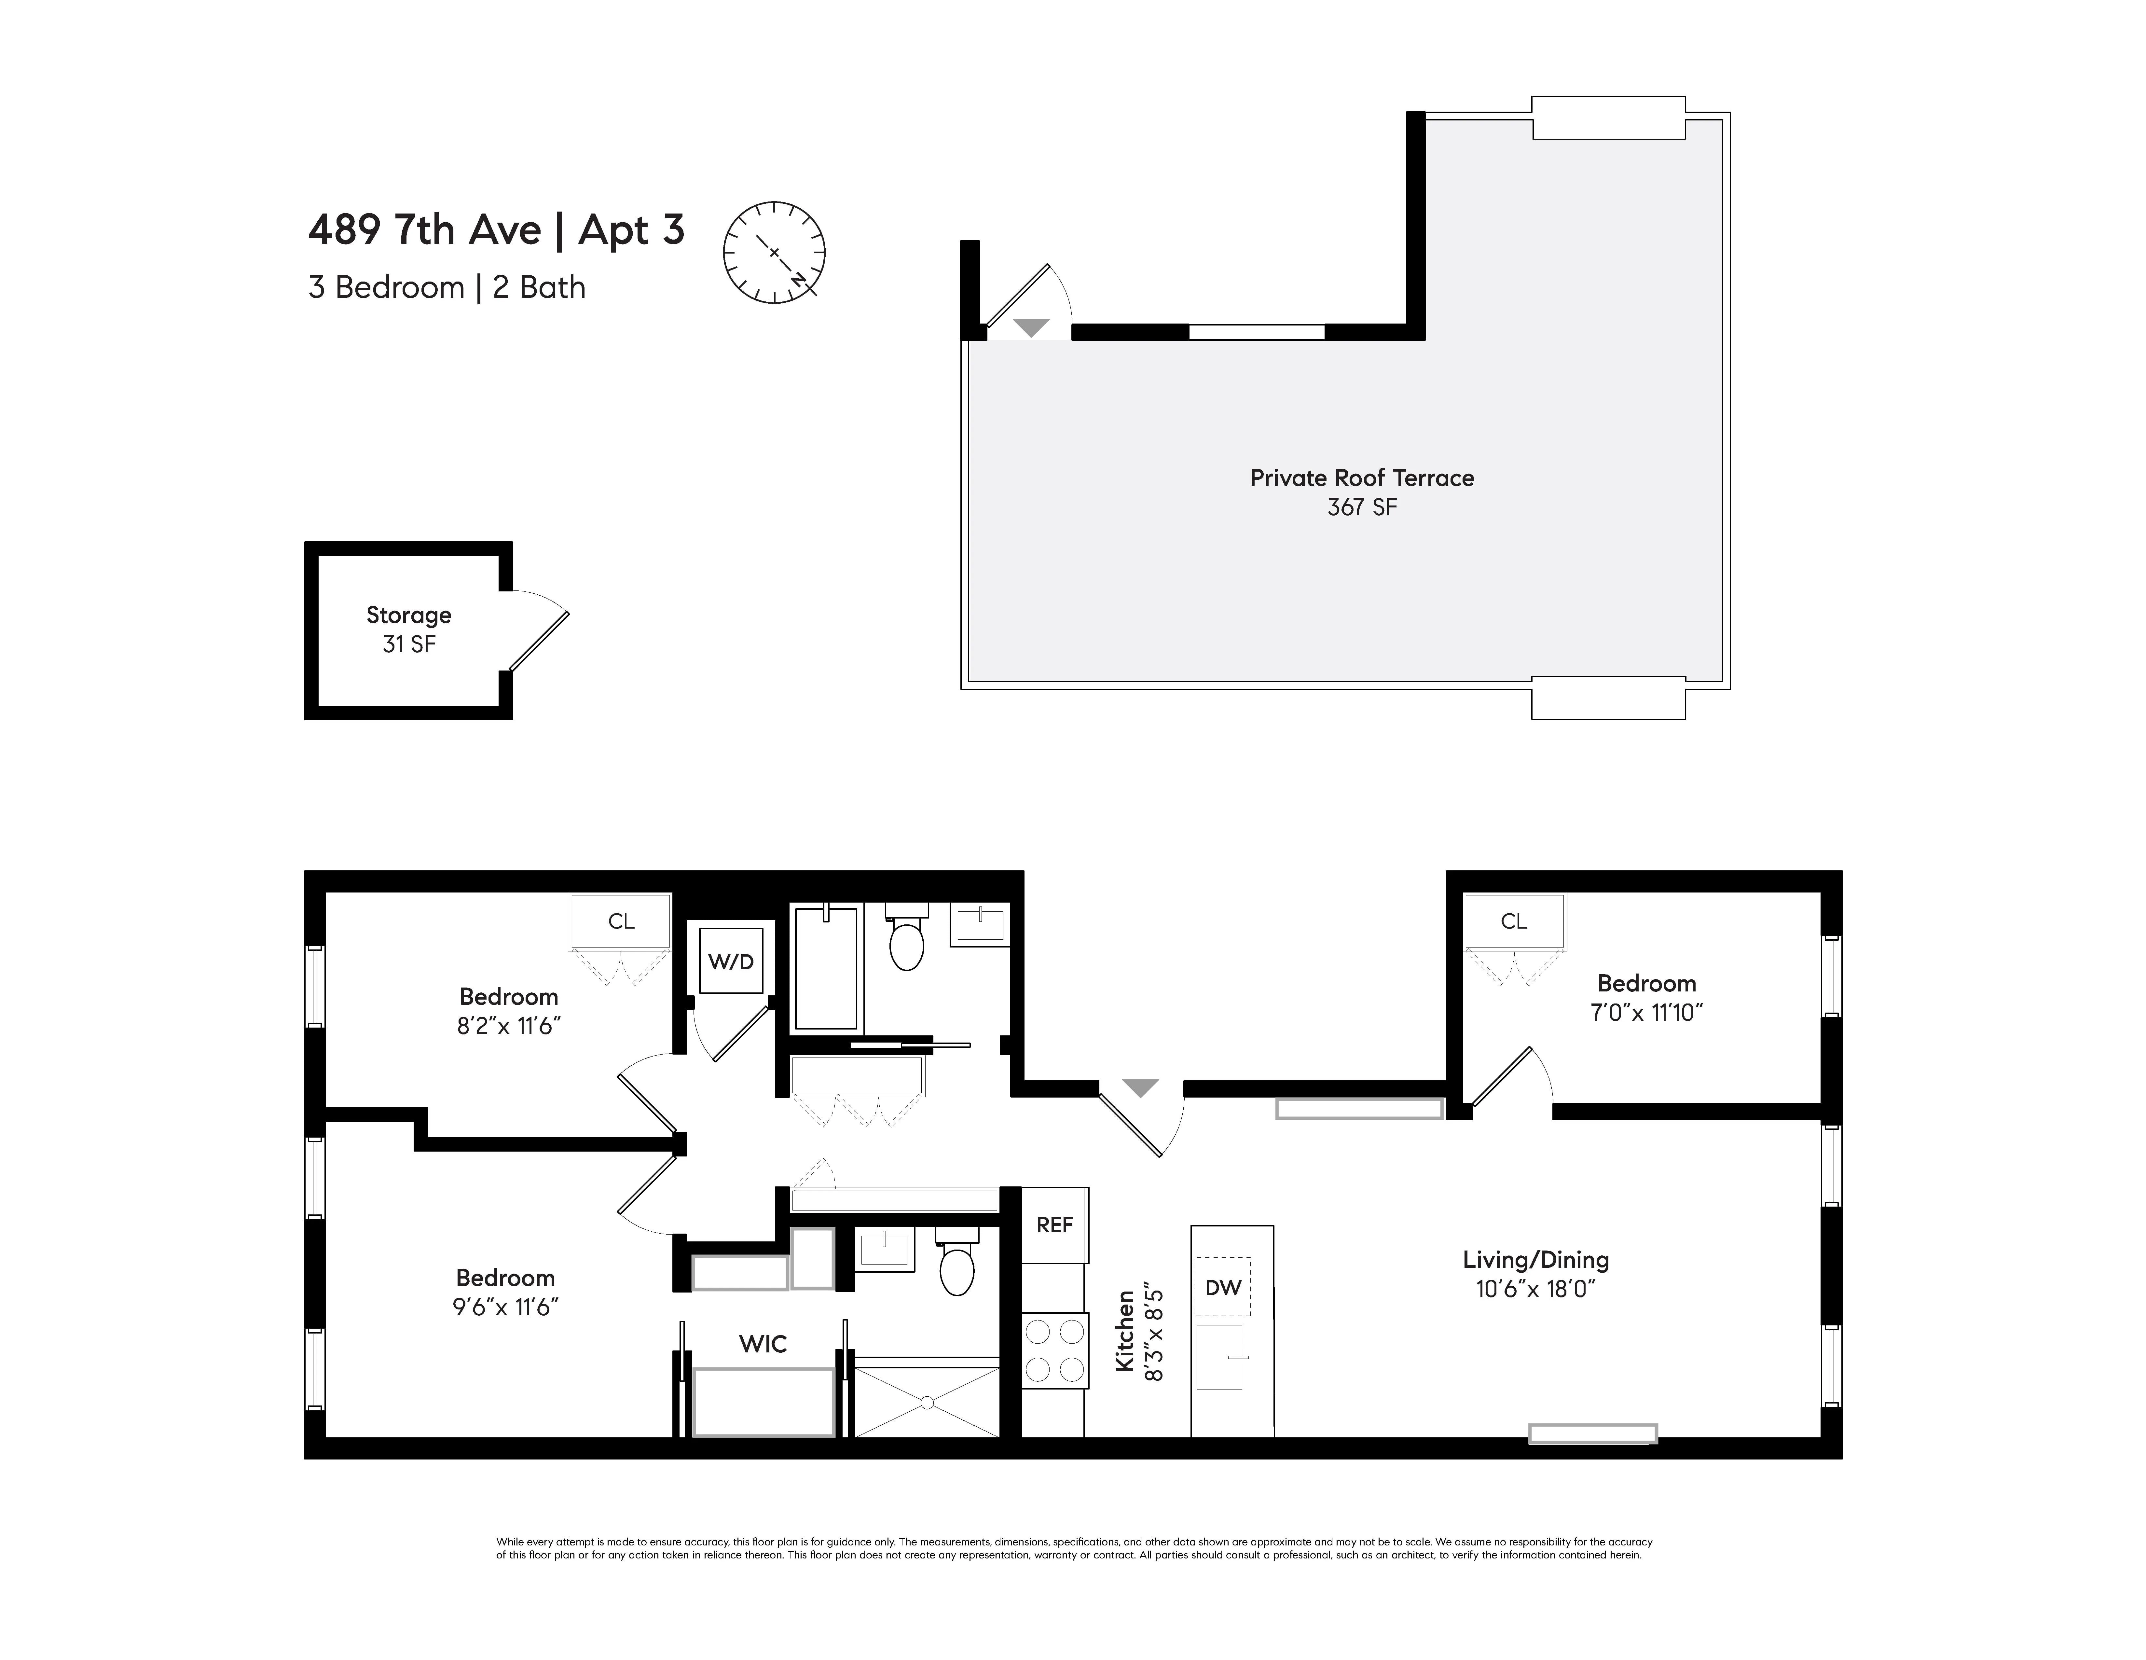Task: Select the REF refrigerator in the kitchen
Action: [1054, 1224]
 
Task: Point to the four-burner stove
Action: [1054, 1350]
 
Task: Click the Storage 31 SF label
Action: [409, 629]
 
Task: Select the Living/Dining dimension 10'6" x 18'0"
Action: [1535, 1289]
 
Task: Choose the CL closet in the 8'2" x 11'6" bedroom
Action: [621, 921]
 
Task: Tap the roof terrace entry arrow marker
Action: [1031, 328]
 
